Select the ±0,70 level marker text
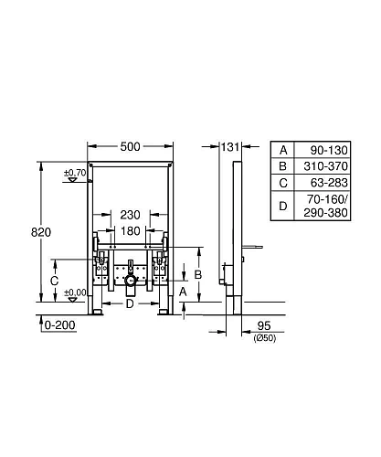click(x=73, y=172)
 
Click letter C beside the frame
click(x=55, y=282)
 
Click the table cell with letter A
click(x=283, y=149)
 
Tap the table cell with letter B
click(x=283, y=166)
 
